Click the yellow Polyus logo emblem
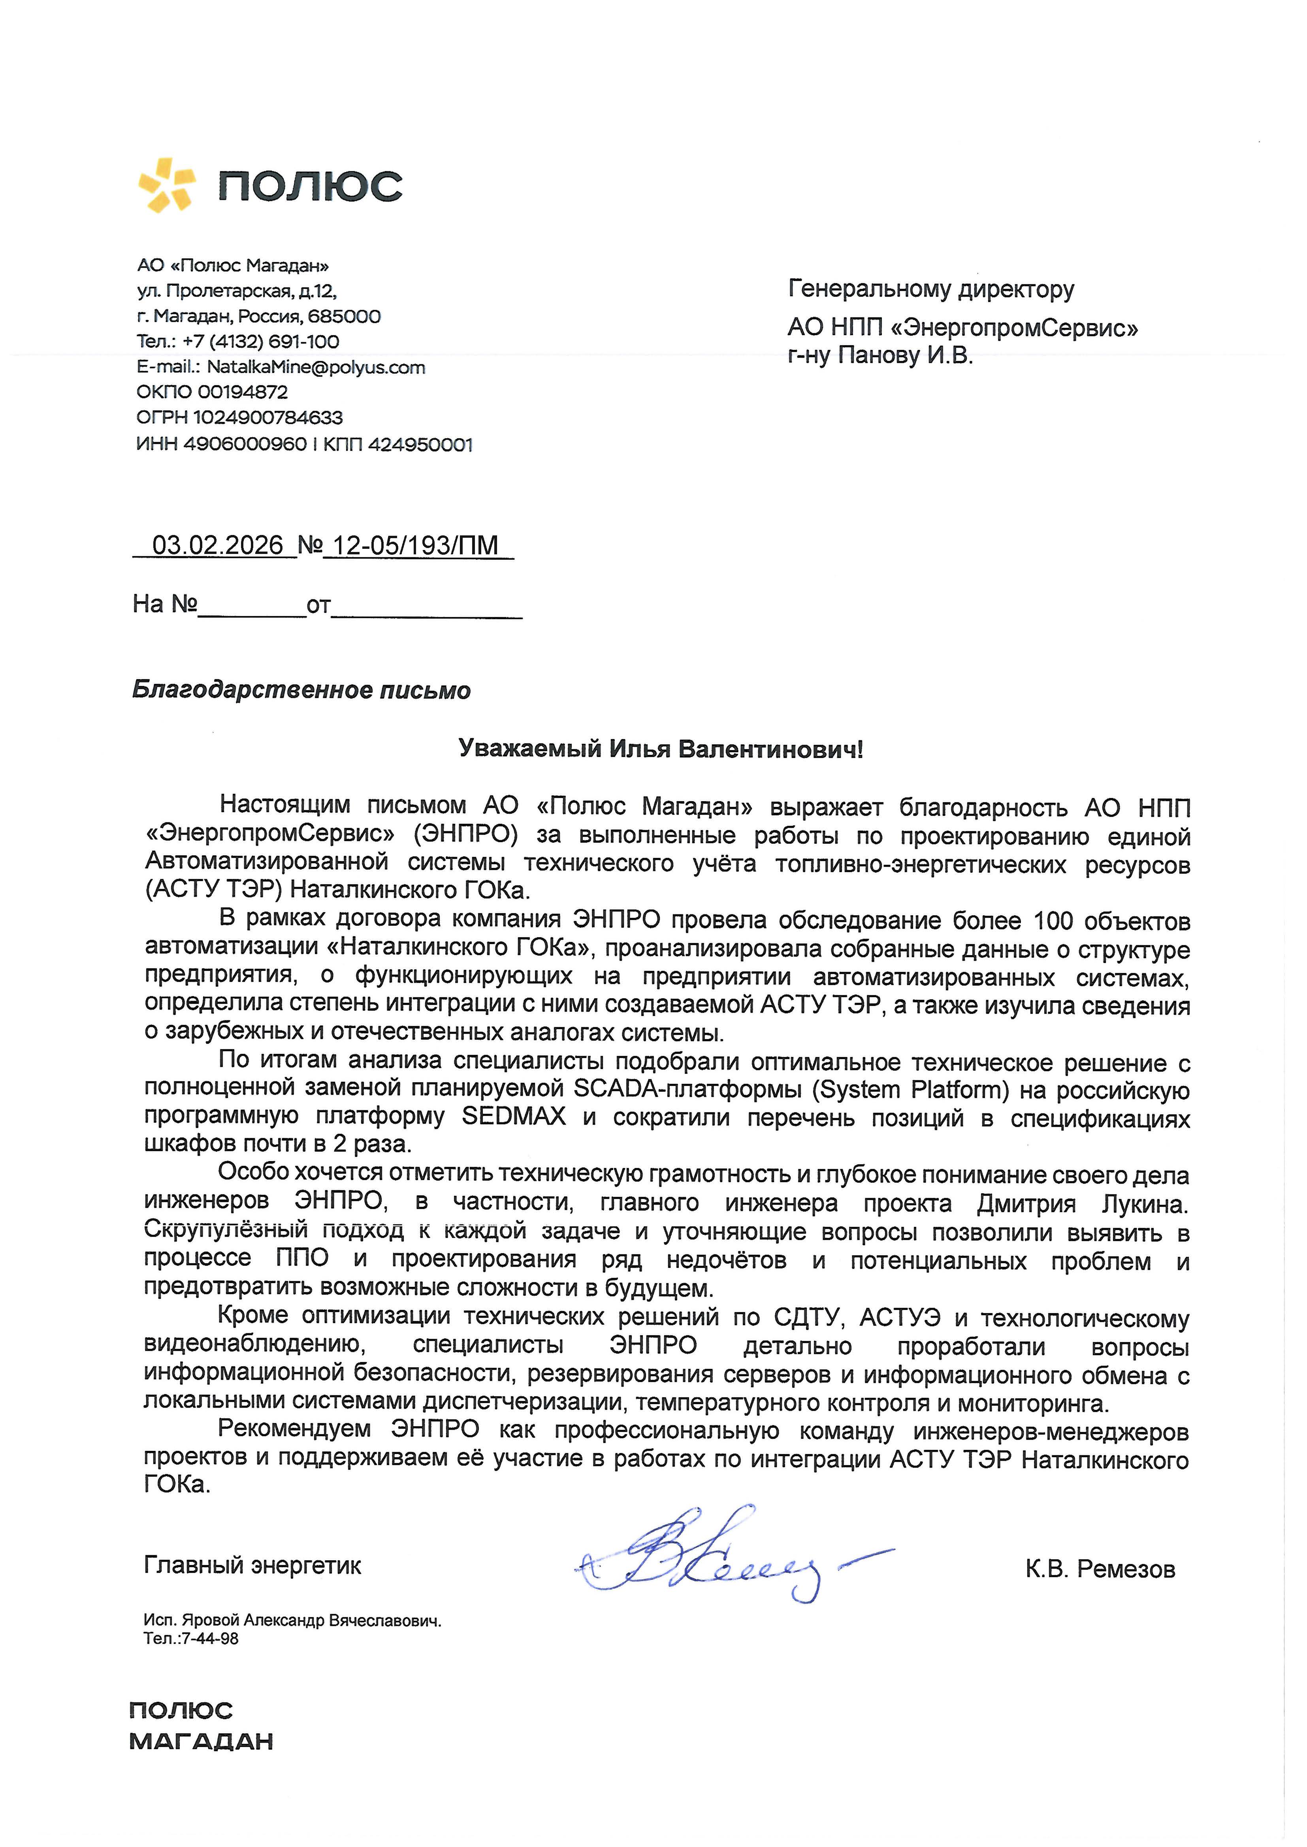(x=167, y=185)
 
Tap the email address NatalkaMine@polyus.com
(x=315, y=368)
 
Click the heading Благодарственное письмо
(x=301, y=690)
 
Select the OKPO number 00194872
(x=242, y=392)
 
